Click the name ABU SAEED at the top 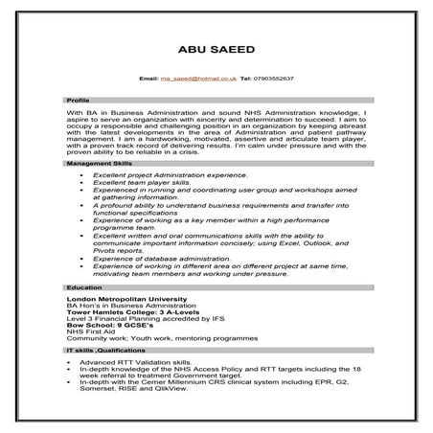coord(216,49)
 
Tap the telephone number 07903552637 coord(273,77)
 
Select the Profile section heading coord(78,101)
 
